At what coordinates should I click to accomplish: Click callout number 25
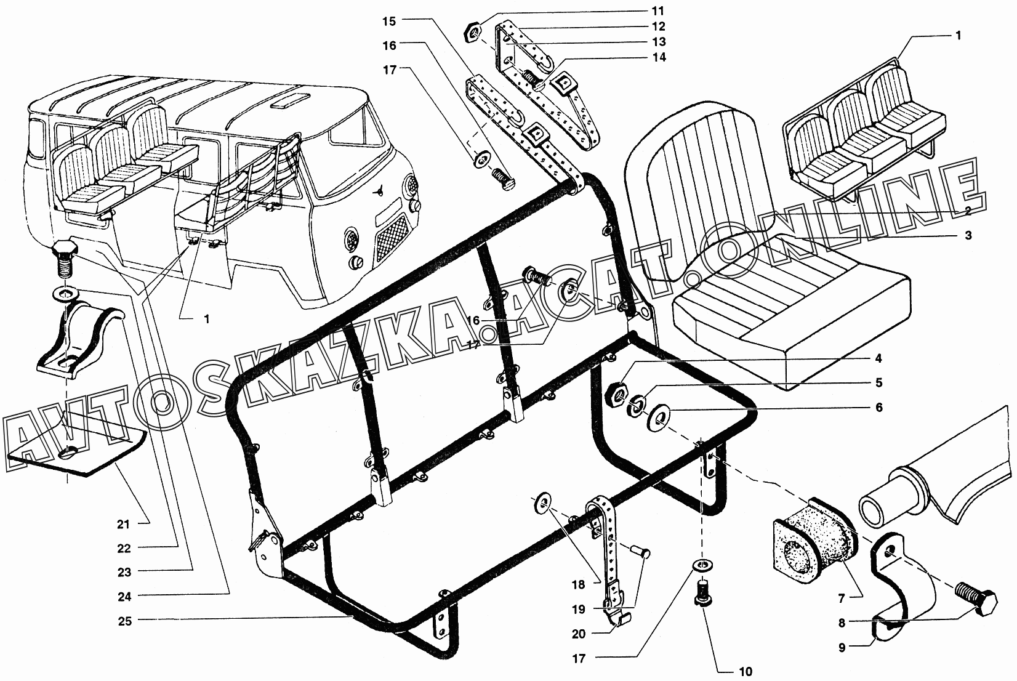pyautogui.click(x=126, y=621)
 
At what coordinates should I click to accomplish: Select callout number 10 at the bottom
pyautogui.click(x=745, y=671)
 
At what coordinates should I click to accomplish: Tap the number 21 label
pyautogui.click(x=124, y=525)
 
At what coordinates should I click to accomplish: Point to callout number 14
pyautogui.click(x=659, y=58)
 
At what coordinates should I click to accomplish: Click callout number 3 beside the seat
pyautogui.click(x=968, y=236)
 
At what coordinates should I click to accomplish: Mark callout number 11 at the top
pyautogui.click(x=659, y=12)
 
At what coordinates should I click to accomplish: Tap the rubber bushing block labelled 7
pyautogui.click(x=808, y=538)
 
